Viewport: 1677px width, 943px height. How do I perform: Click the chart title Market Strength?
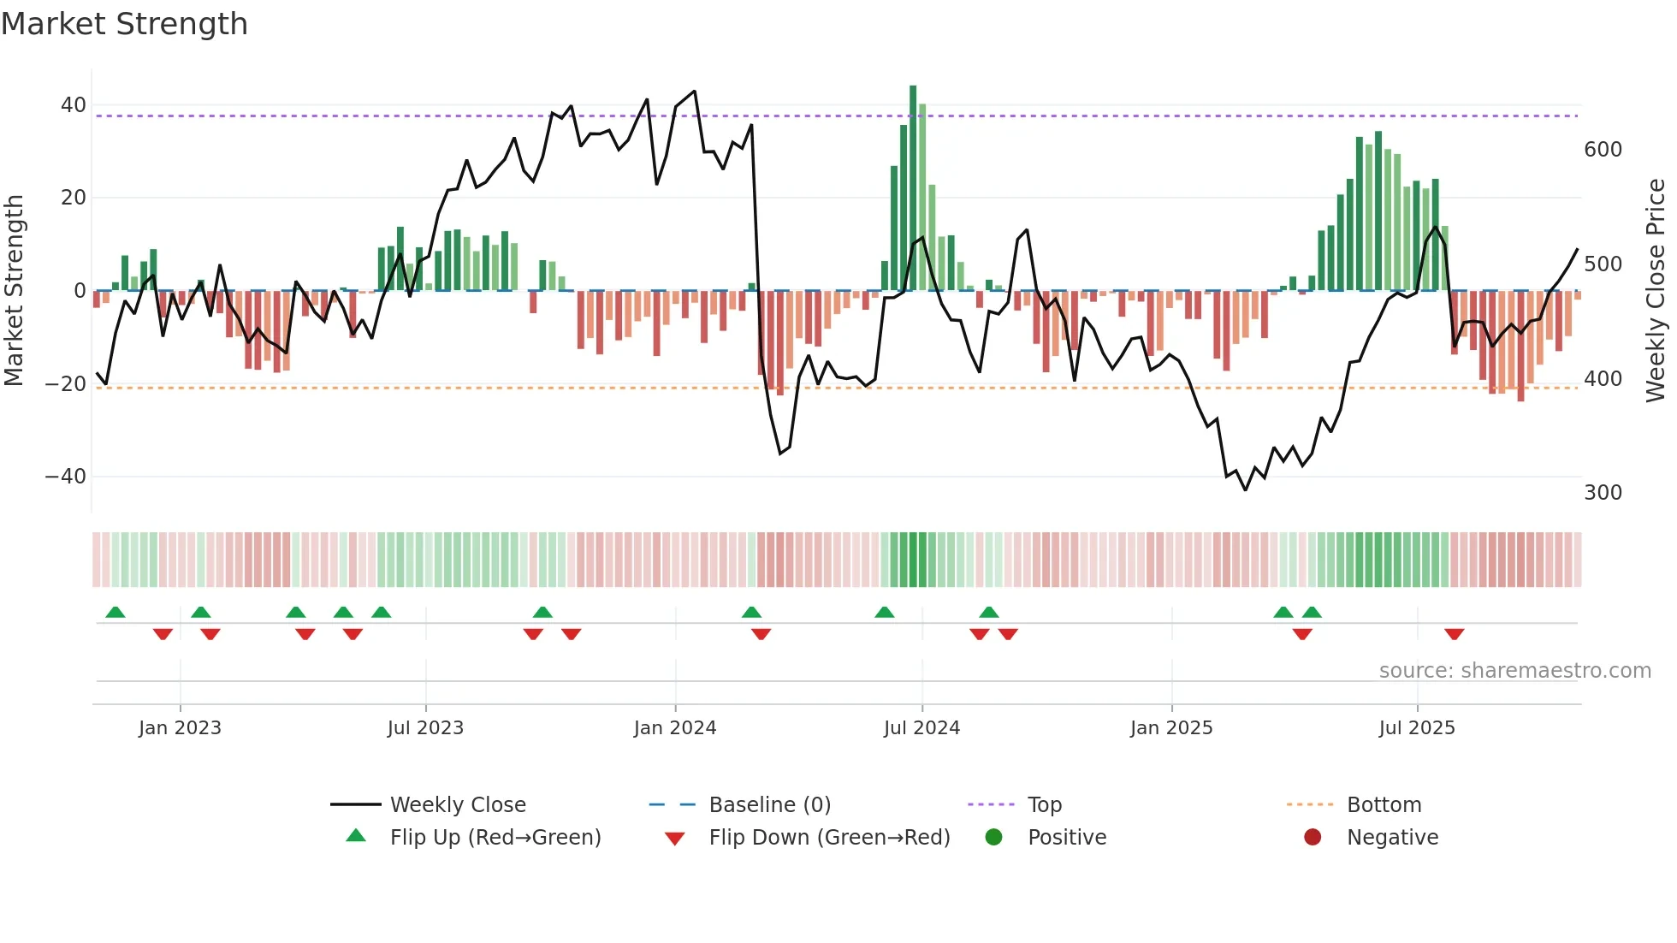124,24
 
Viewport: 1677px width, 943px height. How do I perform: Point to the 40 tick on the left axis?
74,105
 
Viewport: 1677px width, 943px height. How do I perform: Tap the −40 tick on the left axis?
66,477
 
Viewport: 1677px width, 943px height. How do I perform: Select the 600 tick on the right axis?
1603,150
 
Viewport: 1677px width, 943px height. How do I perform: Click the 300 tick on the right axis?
1603,493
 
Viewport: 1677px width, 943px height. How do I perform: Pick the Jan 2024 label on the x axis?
675,728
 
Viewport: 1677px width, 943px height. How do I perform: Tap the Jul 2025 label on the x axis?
1417,728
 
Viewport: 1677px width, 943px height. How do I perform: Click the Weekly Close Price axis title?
1656,291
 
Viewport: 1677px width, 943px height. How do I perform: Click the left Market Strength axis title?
14,291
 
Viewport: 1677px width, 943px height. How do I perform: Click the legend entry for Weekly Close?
458,805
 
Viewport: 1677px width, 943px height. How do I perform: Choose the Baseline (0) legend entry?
769,805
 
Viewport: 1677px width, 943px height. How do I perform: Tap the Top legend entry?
1044,805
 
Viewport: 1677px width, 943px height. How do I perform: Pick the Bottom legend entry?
1384,805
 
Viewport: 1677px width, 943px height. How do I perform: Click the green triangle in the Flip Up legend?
356,836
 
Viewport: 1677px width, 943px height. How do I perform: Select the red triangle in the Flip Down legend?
674,839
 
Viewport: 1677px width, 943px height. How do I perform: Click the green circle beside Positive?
993,838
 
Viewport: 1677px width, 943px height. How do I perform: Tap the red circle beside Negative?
1313,838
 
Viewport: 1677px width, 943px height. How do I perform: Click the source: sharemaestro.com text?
1514,671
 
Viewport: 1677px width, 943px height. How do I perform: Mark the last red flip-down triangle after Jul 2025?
1454,634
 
